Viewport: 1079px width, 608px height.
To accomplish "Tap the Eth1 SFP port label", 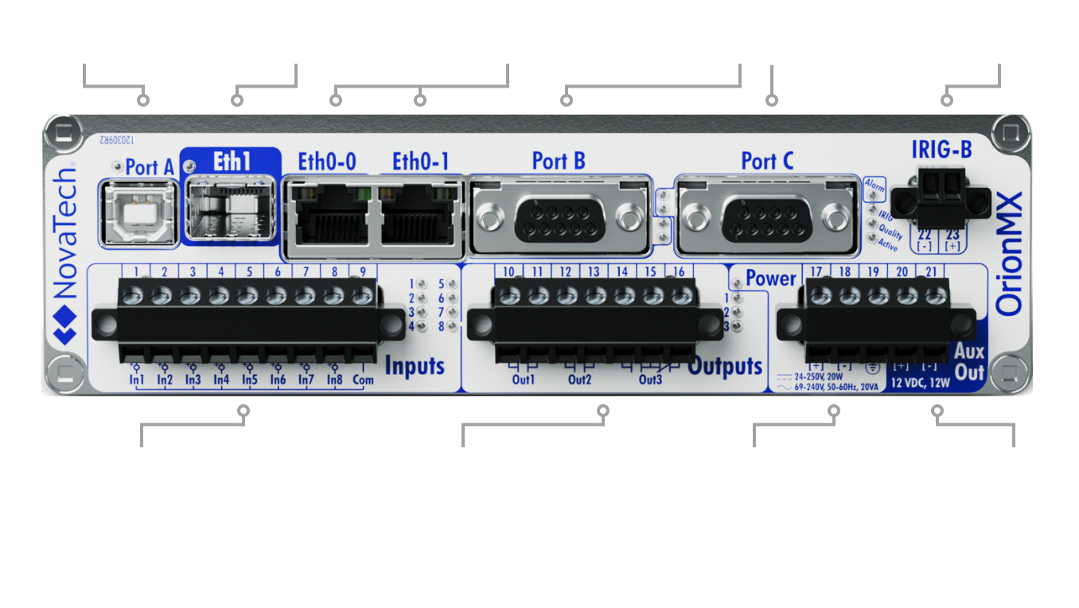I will tap(232, 161).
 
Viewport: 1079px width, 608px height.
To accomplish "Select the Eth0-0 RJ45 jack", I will tap(327, 216).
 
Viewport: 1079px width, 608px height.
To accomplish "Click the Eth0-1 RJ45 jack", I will tap(420, 216).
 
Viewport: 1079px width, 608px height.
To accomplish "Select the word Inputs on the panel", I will tap(415, 365).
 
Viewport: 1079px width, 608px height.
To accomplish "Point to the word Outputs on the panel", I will tap(725, 366).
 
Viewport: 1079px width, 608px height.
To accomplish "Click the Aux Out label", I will tap(969, 362).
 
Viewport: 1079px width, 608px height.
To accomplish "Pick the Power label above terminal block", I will tap(770, 279).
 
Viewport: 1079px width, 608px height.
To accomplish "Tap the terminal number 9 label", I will tap(363, 271).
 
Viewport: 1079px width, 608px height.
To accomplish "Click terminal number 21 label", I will tap(930, 272).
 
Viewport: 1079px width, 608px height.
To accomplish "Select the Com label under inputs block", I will tap(363, 380).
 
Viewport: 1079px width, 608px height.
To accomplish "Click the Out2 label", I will tap(579, 380).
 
